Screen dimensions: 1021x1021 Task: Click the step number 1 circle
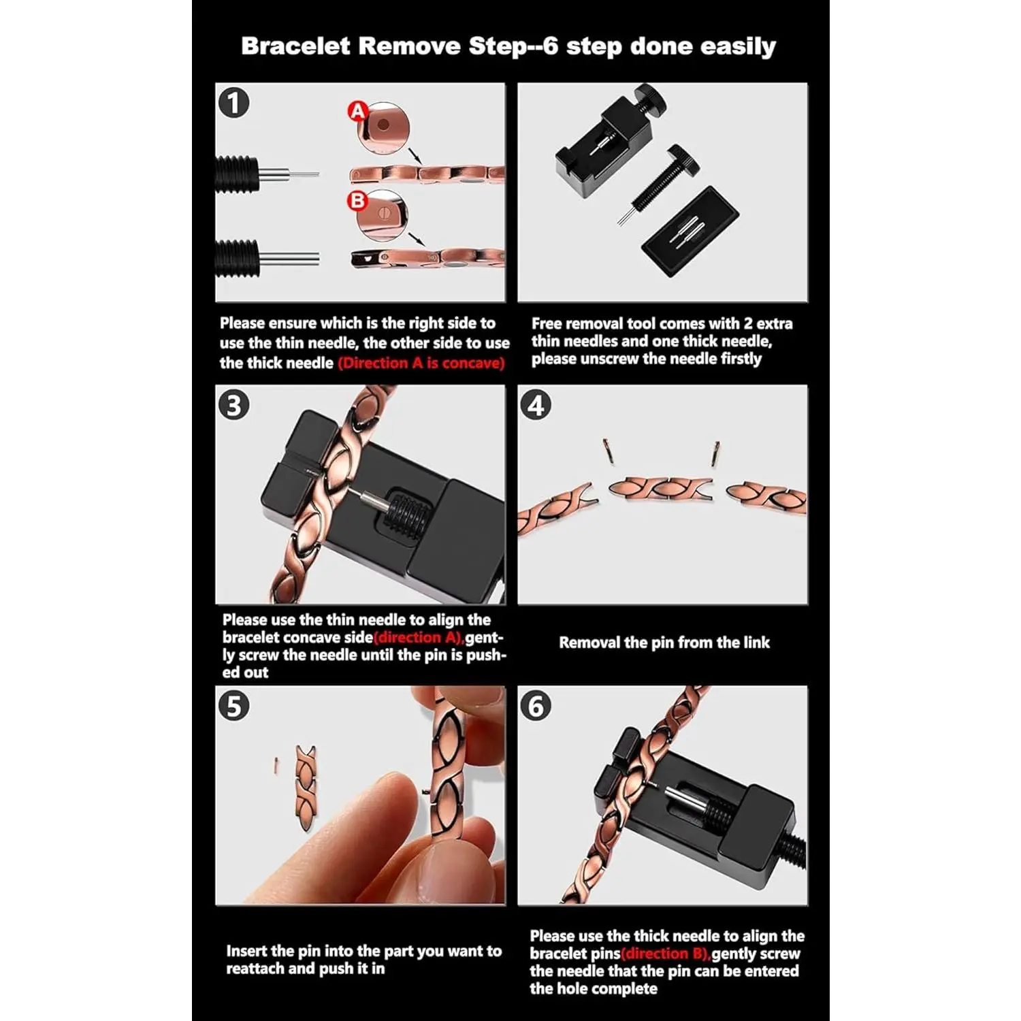[234, 103]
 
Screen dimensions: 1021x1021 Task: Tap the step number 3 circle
[234, 405]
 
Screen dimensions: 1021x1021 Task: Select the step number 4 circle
[536, 405]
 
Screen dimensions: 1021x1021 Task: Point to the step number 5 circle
[234, 707]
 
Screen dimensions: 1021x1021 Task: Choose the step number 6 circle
[536, 707]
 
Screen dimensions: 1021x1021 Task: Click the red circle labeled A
[358, 111]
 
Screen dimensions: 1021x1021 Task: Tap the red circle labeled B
[357, 201]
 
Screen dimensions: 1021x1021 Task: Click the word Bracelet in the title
[295, 46]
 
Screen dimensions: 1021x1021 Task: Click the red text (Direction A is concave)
[421, 363]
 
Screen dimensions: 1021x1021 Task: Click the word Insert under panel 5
[246, 951]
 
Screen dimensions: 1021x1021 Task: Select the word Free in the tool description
[547, 323]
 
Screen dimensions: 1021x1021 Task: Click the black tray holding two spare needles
[690, 231]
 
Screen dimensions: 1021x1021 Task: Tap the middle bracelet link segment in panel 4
[660, 487]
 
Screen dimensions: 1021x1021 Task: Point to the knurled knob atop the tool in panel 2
[650, 99]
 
